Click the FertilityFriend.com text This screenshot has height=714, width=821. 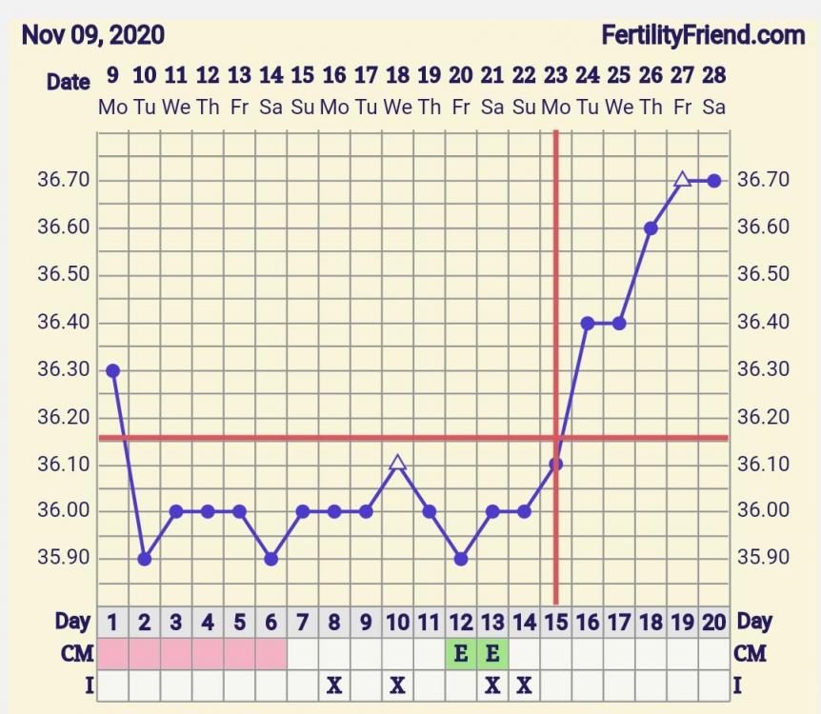click(703, 36)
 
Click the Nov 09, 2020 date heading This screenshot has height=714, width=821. click(92, 36)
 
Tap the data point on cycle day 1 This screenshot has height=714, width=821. click(112, 370)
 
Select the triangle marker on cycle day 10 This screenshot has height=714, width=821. click(398, 464)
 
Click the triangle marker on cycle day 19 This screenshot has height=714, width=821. click(682, 180)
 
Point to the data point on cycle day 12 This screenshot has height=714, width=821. click(461, 559)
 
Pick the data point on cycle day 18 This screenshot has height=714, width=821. click(651, 228)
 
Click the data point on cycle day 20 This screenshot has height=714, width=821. click(714, 180)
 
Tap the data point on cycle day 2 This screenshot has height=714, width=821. click(144, 559)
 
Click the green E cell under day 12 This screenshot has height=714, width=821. click(461, 653)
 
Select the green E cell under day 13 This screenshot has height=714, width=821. click(492, 653)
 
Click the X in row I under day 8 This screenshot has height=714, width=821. click(334, 684)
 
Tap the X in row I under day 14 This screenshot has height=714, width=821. click(524, 684)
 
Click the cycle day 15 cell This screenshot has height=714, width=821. click(555, 623)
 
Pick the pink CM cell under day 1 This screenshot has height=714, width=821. click(112, 653)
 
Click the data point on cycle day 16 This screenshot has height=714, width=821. click(588, 324)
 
